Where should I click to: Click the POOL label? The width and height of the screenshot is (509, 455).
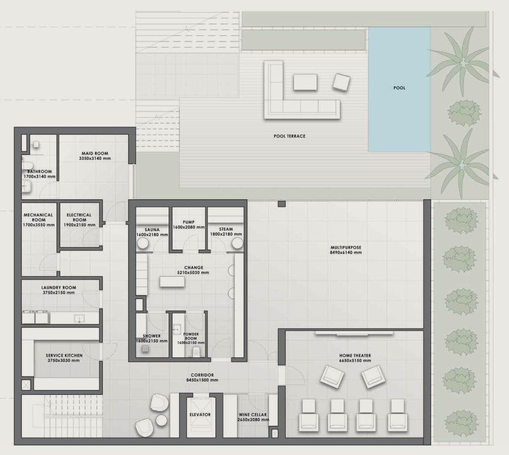point(399,88)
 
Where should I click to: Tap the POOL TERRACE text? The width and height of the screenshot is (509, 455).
point(290,136)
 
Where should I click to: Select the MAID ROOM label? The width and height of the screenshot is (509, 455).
point(95,154)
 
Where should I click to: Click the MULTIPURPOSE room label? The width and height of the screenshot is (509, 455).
point(346,247)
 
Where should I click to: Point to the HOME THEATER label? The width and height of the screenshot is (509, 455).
point(355,355)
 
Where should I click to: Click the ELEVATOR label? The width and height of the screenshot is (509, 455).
point(200,415)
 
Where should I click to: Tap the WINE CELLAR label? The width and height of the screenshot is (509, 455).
point(253,415)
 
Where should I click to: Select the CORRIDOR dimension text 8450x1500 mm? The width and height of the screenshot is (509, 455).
point(202,380)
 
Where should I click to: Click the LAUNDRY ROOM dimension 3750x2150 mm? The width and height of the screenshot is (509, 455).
point(59,292)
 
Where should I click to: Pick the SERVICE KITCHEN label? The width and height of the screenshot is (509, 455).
point(64,355)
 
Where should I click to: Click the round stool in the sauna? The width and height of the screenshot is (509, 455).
point(143,243)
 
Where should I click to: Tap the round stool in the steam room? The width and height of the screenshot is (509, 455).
point(237,243)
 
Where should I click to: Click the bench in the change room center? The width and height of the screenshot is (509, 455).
point(172,282)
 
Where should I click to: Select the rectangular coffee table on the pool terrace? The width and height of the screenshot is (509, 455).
point(305,82)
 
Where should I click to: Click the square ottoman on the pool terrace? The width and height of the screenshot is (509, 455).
point(341,82)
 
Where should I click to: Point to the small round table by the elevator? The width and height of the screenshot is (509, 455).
point(161,420)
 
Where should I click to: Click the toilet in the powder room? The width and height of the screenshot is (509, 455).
point(196,351)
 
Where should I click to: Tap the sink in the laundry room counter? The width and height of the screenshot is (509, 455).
point(79,319)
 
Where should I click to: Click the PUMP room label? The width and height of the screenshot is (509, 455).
point(189,222)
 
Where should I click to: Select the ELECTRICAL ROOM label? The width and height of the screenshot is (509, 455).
point(79,217)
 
